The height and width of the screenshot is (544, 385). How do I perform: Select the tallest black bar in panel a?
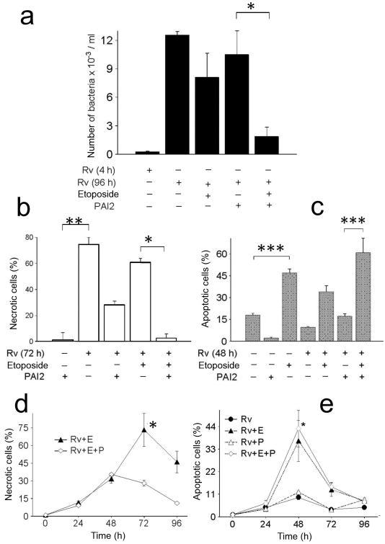(177, 94)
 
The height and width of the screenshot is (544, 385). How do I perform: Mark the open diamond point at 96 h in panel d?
(177, 503)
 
